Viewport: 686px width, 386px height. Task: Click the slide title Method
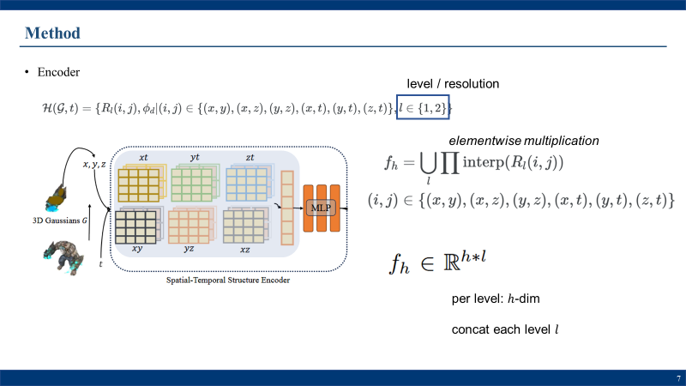52,33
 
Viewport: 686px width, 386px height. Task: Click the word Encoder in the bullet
58,72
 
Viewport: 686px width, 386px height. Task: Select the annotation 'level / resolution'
452,83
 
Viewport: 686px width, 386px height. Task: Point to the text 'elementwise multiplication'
524,140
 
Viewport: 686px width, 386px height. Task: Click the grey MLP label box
321,208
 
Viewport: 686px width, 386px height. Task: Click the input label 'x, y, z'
93,164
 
